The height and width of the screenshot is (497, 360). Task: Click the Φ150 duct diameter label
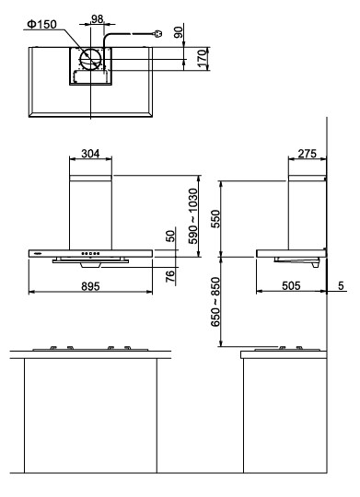pyautogui.click(x=41, y=24)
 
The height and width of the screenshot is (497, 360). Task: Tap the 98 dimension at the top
pyautogui.click(x=97, y=19)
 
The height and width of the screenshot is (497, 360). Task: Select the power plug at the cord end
pyautogui.click(x=158, y=33)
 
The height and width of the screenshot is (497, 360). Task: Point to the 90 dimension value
pyautogui.click(x=179, y=32)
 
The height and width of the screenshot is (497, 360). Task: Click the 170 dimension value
pyautogui.click(x=203, y=58)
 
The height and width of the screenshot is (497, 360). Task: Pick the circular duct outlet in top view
pyautogui.click(x=91, y=59)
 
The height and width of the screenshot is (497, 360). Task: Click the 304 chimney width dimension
pyautogui.click(x=90, y=154)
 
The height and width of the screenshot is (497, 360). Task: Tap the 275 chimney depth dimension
pyautogui.click(x=307, y=154)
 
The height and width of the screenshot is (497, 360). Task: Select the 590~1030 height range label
pyautogui.click(x=192, y=216)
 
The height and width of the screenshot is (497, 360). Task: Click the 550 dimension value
pyautogui.click(x=215, y=218)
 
